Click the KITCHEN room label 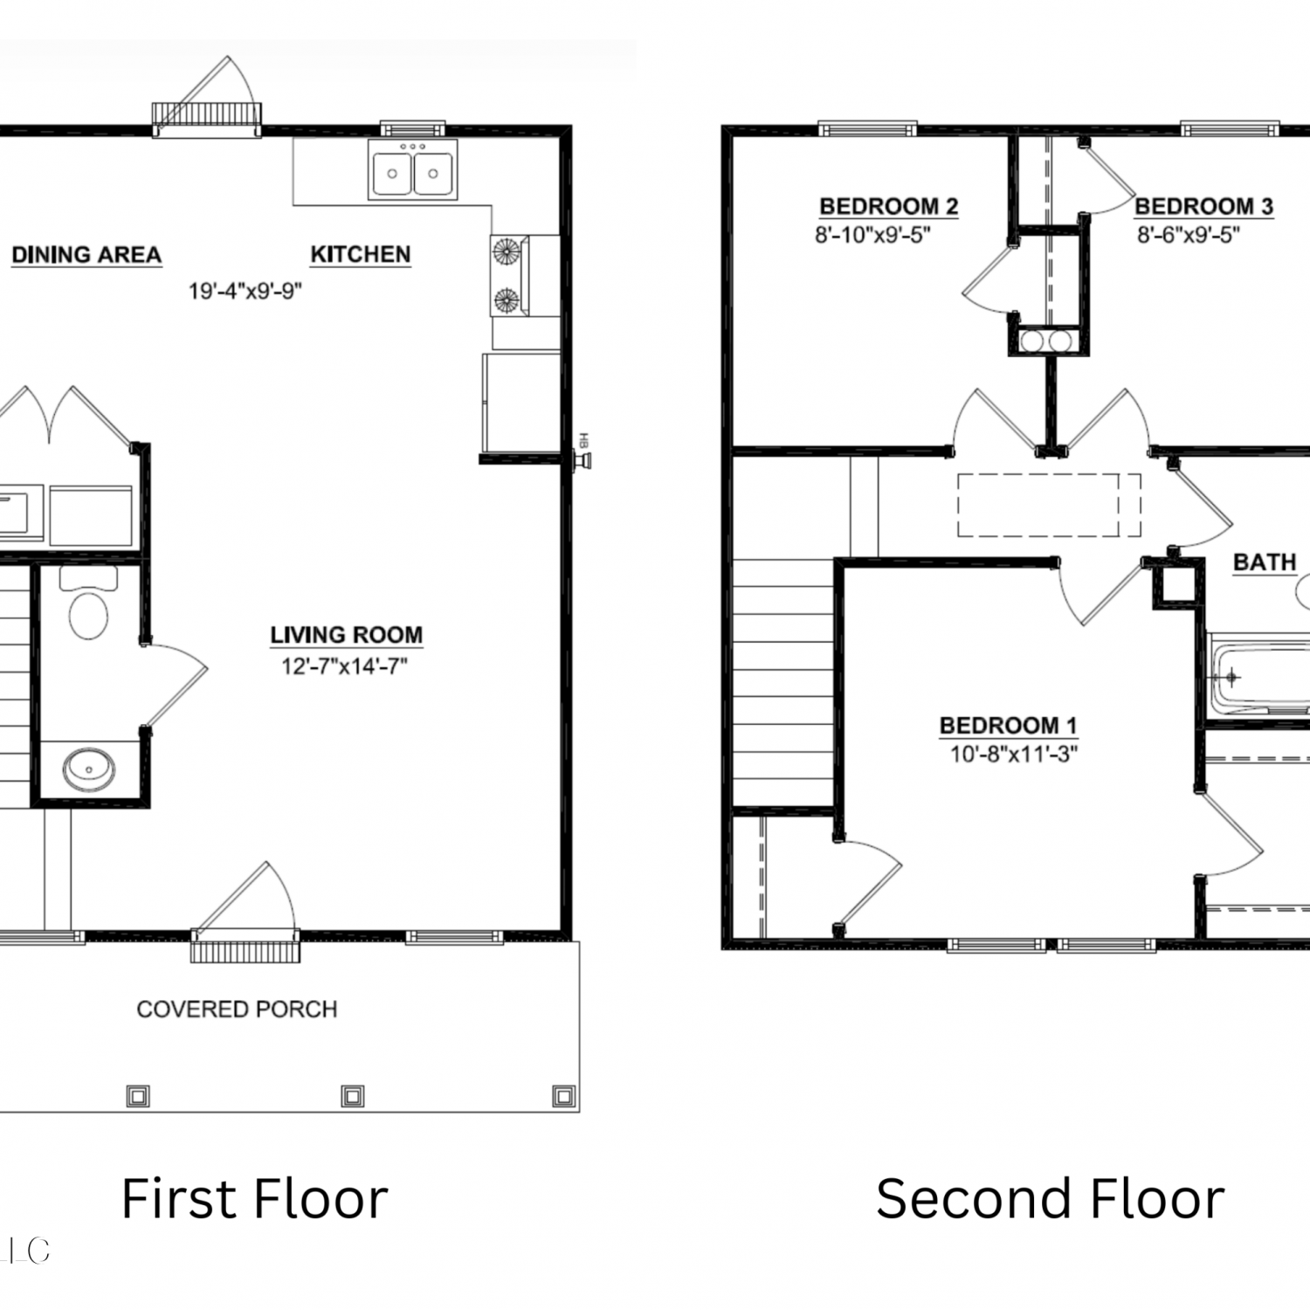360,254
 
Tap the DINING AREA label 86,255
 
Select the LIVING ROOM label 346,635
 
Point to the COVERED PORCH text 237,1009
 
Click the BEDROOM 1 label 1008,726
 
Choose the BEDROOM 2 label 888,207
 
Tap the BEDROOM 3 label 1203,207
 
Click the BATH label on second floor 1265,562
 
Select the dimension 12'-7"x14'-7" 344,666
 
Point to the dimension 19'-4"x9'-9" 245,291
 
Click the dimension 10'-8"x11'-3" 1013,754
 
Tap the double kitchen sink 412,169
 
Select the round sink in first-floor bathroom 88,769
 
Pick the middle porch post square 353,1095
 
